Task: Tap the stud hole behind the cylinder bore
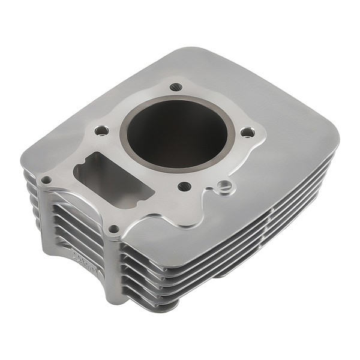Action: coord(175,87)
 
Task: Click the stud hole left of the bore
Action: coord(101,129)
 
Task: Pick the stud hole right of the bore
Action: coord(245,133)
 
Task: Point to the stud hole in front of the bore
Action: coord(184,187)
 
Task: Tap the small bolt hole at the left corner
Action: coord(46,179)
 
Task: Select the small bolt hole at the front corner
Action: coord(113,229)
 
